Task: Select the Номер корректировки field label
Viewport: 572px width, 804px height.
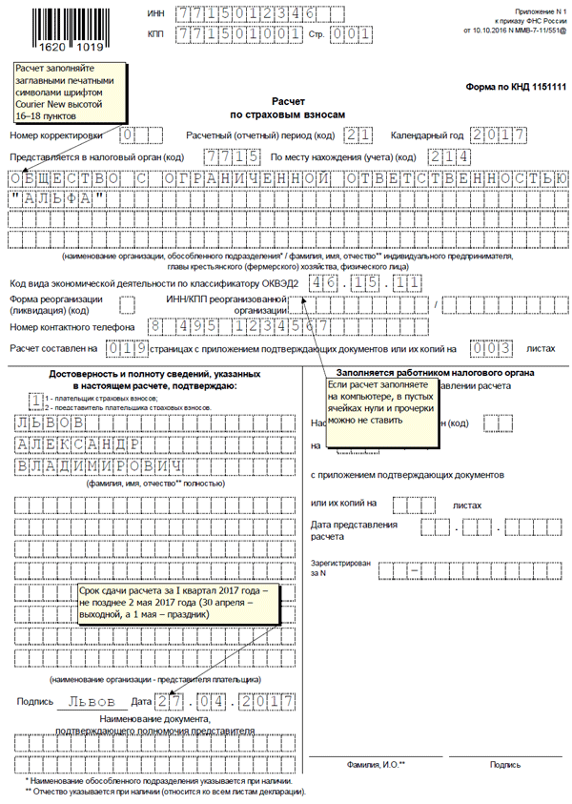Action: (x=60, y=135)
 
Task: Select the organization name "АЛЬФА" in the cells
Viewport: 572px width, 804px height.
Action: (x=65, y=198)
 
